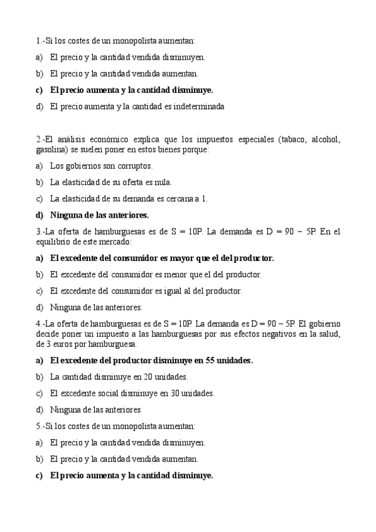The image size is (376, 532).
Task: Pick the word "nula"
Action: pos(161,183)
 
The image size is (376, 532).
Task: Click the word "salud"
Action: pos(329,334)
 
